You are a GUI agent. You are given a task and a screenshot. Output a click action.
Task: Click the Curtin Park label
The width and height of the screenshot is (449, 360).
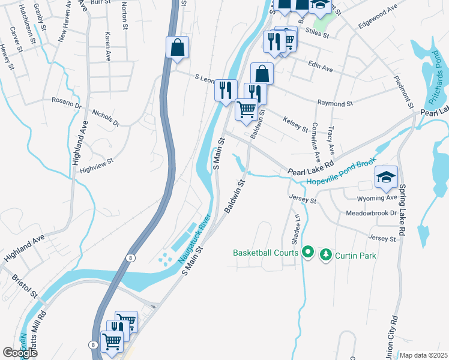coord(355,255)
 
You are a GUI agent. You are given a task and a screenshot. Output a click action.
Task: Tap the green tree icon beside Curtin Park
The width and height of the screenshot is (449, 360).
coord(326,255)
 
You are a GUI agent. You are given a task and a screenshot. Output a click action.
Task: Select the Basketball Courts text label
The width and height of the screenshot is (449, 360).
coord(266,253)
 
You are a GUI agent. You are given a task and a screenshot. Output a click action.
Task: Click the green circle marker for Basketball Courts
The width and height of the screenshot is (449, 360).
coord(308,253)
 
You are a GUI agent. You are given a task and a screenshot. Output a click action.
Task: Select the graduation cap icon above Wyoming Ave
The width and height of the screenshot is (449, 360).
coord(386,177)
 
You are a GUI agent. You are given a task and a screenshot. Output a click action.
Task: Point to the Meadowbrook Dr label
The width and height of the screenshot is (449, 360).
coord(372,213)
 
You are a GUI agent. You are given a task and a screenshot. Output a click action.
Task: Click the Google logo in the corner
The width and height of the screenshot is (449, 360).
coord(19,353)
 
